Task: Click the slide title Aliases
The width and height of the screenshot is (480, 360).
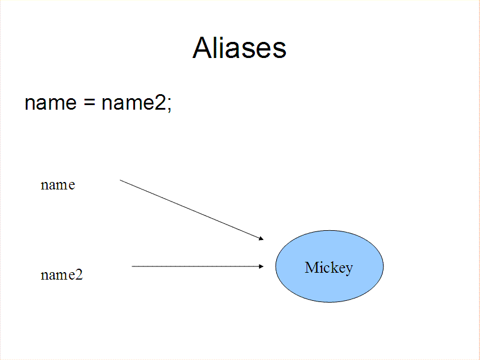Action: pos(239,48)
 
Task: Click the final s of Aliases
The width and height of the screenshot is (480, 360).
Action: pos(278,50)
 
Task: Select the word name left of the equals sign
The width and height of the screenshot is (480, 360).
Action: pos(51,103)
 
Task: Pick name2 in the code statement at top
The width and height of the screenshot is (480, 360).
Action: pos(134,103)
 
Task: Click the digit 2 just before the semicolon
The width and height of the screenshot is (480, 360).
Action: pos(160,103)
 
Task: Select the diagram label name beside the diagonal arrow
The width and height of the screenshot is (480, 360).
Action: pos(58,185)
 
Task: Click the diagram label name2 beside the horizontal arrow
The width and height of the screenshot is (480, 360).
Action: pos(62,274)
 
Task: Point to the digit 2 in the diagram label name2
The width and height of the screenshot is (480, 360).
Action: pos(79,274)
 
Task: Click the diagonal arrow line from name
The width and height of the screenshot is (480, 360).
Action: pos(192,210)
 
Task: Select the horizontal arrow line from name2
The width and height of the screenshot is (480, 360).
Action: pos(198,266)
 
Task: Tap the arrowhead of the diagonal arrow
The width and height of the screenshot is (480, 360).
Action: pos(261,238)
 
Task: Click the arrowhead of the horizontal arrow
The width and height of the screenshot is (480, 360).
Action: pos(261,266)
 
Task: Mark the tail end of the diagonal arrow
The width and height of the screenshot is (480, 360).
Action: pos(120,180)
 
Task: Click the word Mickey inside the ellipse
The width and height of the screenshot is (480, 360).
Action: pos(329,268)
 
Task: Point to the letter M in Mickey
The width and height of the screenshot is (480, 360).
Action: pos(312,267)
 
